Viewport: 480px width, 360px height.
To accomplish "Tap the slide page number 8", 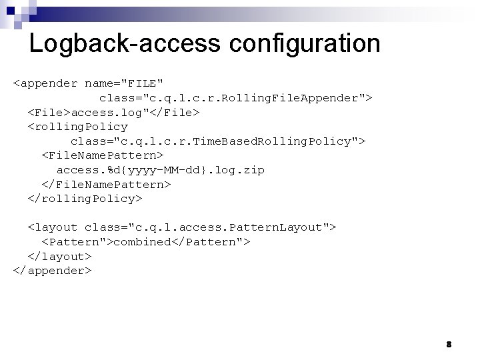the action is pos(449,345).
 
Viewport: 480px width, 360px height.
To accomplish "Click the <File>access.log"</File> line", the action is pos(113,112).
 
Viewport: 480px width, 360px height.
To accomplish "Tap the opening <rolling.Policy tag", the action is pos(77,127).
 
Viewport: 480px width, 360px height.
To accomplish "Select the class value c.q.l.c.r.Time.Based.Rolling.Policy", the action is pos(217,141).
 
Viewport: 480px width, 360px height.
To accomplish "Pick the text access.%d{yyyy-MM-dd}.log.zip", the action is pos(160,170).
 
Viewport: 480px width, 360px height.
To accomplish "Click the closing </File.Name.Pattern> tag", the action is pos(106,184).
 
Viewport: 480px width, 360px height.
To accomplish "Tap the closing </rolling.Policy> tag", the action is pos(85,199).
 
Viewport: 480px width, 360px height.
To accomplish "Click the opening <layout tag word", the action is pos(53,227).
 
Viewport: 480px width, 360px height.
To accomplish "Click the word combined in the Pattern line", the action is pos(142,242).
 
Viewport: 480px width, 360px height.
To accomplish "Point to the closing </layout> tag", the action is pos(59,256).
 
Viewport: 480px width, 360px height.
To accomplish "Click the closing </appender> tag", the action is pos(52,271).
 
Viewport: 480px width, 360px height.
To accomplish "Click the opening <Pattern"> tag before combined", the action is pos(77,242).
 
